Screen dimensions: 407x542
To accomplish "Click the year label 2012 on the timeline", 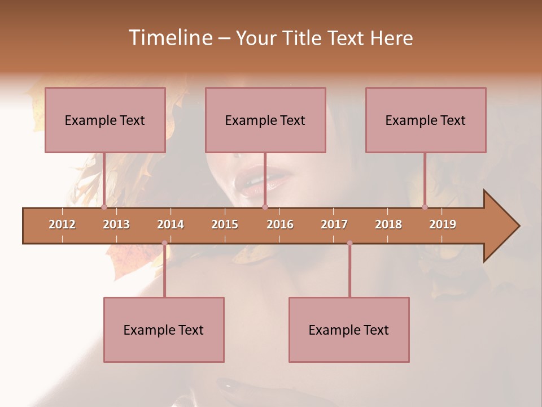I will [62, 224].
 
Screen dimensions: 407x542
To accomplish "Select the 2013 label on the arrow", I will [116, 224].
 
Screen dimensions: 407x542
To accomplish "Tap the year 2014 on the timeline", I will [171, 224].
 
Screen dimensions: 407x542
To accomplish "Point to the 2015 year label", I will [225, 224].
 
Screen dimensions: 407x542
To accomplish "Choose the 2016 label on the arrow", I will [280, 224].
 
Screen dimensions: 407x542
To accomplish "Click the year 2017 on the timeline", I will [334, 224].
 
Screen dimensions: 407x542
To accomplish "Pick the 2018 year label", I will [388, 224].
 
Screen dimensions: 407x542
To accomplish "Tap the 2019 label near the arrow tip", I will [443, 224].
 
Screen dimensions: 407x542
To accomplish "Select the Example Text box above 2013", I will [105, 120].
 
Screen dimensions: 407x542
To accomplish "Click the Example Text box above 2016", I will [265, 120].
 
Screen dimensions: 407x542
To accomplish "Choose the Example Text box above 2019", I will [426, 120].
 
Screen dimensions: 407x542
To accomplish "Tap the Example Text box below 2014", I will [164, 330].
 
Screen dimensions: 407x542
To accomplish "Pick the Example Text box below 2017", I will [349, 330].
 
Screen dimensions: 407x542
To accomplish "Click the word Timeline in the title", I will [170, 38].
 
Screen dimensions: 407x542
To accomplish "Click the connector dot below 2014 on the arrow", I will [164, 243].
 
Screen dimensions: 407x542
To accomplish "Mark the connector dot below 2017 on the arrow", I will [349, 243].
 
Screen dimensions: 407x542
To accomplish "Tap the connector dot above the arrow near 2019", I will [425, 207].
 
